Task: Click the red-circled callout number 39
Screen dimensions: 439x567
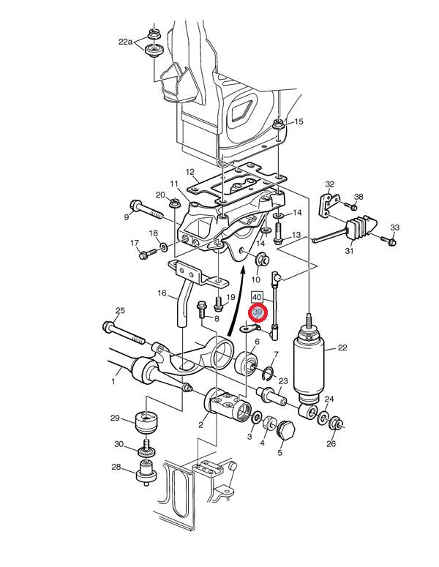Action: pyautogui.click(x=257, y=312)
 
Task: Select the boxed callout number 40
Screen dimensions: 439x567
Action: pyautogui.click(x=257, y=297)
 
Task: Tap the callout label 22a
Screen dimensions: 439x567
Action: pyautogui.click(x=125, y=42)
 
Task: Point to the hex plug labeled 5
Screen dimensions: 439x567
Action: pyautogui.click(x=285, y=430)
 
